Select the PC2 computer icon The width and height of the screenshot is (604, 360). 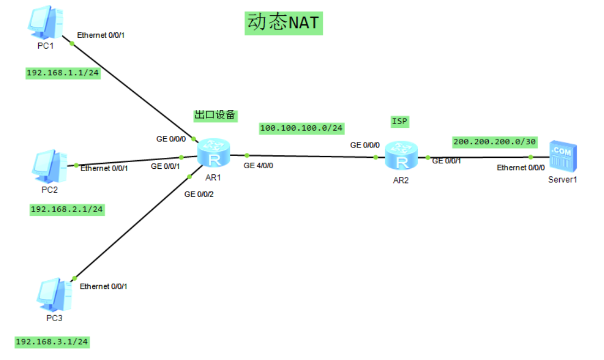tap(49, 166)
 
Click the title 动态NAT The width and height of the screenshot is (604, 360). tap(283, 23)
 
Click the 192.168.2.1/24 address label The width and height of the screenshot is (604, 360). tap(67, 209)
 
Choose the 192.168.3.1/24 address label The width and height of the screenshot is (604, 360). tap(52, 342)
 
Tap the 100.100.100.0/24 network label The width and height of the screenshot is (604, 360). tap(301, 128)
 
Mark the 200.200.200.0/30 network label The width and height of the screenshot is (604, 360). tap(495, 142)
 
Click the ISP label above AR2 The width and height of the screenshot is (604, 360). tap(399, 121)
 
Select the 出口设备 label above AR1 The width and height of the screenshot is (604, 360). tap(215, 115)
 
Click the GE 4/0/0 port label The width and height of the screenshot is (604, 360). tap(258, 166)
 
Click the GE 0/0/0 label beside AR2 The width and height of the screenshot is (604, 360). tap(364, 145)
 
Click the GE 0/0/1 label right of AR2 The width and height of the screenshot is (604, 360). tap(447, 161)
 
